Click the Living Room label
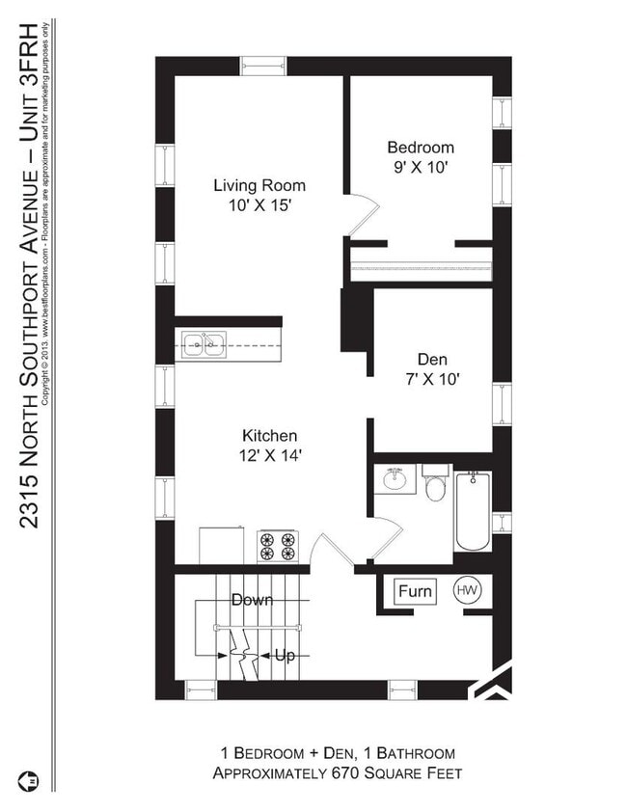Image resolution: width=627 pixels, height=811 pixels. [259, 185]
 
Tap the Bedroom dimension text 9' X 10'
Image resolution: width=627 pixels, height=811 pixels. [421, 168]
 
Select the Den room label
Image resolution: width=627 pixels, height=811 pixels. [432, 359]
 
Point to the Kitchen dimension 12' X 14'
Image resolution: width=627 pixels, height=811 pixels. [270, 456]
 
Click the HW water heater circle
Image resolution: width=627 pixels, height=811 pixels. [467, 590]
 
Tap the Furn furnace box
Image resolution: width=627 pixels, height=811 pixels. [416, 591]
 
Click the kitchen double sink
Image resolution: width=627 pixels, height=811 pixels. [204, 345]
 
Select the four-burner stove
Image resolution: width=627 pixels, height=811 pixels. [277, 547]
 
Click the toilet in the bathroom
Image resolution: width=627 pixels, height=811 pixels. [434, 483]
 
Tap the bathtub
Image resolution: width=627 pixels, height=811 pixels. [473, 511]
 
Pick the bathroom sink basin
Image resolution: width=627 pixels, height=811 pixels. [395, 479]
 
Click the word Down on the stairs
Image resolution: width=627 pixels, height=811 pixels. [252, 600]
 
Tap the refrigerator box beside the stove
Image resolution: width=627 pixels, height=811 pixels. [222, 546]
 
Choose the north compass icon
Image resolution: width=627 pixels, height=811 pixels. [28, 781]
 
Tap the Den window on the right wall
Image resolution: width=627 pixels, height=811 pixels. [502, 404]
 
